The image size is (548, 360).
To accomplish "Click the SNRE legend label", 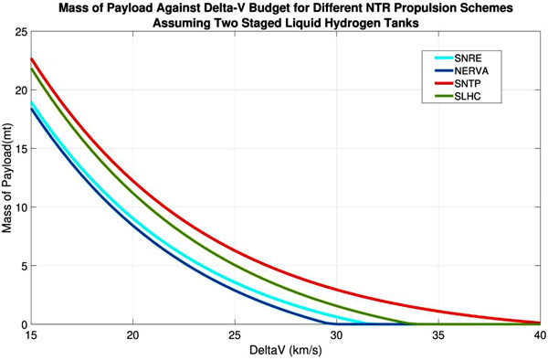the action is [x=468, y=58].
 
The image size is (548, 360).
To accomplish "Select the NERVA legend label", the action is [x=471, y=71].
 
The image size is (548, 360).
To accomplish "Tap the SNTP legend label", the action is [x=468, y=83].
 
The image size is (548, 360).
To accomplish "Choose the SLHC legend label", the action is [x=468, y=96].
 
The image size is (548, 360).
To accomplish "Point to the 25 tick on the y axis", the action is [x=21, y=32].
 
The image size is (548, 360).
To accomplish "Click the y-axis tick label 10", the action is [x=21, y=207].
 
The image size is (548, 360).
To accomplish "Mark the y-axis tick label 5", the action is [x=24, y=266].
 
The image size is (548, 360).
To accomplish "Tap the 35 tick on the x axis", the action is [x=438, y=335].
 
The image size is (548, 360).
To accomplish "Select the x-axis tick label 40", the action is [x=540, y=335].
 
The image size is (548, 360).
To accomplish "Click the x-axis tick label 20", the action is [x=132, y=335].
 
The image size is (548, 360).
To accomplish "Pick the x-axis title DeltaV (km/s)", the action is [x=286, y=350].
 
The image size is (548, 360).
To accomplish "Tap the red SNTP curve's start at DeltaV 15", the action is [x=31, y=59].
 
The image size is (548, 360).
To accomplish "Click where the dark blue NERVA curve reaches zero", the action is [x=327, y=323].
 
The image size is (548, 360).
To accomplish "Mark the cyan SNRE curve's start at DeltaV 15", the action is [x=31, y=103].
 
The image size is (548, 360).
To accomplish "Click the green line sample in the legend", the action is [x=444, y=96].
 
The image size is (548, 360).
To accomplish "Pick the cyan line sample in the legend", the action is [x=444, y=58].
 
